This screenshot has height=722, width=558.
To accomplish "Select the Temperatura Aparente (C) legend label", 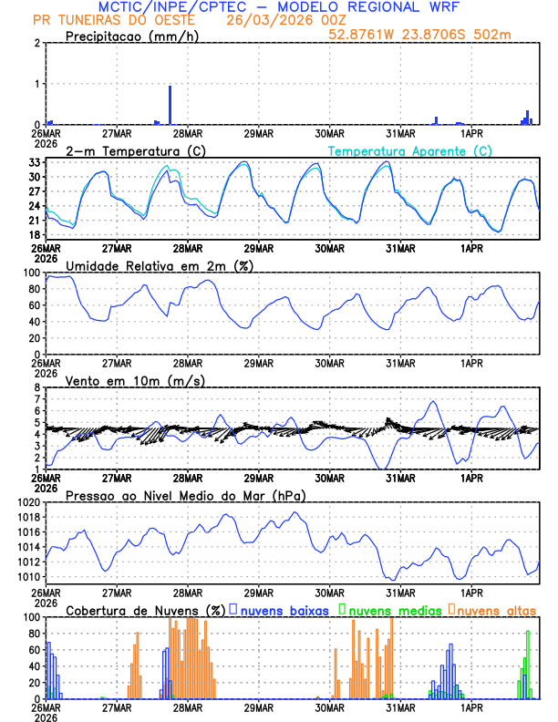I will (409, 150).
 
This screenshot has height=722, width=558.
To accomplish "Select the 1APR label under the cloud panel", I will (471, 707).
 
